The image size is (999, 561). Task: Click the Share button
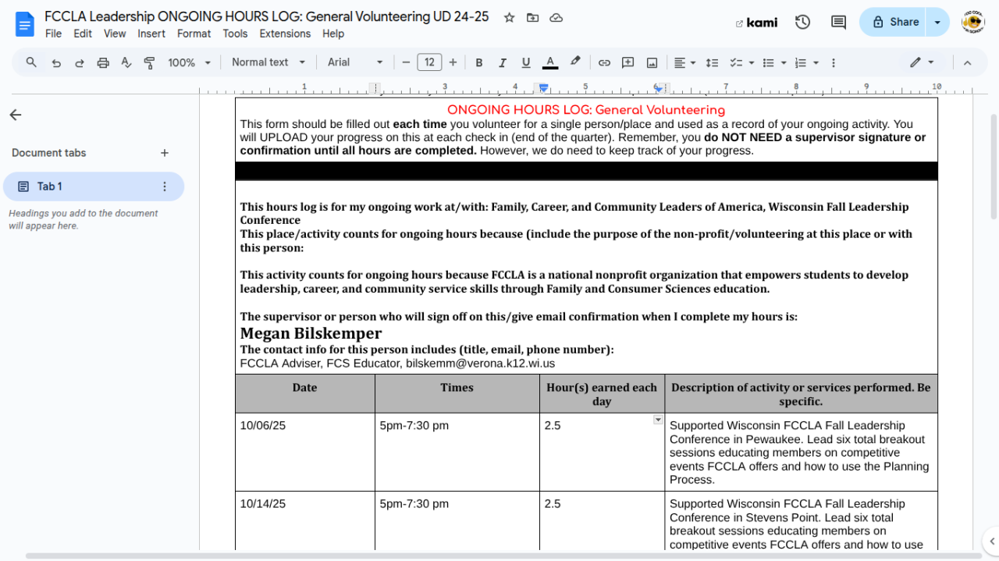point(896,22)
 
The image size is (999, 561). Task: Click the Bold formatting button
point(479,62)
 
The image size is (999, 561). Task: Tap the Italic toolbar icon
point(503,62)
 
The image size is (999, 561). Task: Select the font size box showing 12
point(429,62)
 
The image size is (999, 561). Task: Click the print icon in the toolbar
point(103,62)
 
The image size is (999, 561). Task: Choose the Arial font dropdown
point(355,62)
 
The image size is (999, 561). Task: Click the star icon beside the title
point(509,17)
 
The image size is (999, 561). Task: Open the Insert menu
point(151,34)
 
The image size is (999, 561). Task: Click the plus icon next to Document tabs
point(165,153)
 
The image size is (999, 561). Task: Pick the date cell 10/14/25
point(262,504)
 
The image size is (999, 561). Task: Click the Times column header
point(457,387)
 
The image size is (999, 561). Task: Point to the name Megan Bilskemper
point(311,334)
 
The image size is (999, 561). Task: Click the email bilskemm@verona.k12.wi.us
point(480,364)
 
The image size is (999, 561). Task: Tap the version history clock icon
point(802,22)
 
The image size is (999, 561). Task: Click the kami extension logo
point(757,23)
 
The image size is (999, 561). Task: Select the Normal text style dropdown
point(266,62)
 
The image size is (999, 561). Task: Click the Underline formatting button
point(526,62)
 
